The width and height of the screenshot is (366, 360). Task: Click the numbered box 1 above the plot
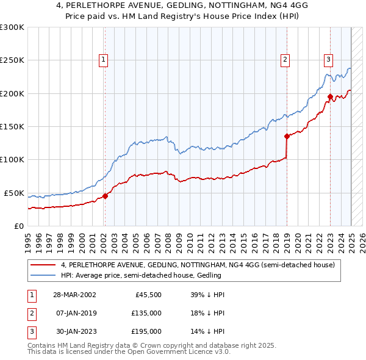point(104,60)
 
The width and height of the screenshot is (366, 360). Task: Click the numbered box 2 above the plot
point(285,60)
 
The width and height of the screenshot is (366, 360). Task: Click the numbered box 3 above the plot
point(328,60)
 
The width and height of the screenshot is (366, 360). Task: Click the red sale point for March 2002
point(105,196)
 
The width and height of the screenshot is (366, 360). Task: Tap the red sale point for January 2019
point(285,137)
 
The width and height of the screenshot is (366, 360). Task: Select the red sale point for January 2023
point(329,96)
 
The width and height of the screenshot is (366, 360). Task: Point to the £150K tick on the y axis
point(12,126)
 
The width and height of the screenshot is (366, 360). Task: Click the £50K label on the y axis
point(14,193)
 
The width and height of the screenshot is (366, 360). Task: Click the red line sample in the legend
point(43,265)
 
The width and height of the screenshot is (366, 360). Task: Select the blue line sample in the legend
point(43,275)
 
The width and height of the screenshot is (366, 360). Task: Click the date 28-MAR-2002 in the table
point(74,295)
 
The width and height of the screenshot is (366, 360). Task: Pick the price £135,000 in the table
point(147,313)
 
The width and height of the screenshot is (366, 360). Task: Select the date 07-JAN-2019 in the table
point(74,313)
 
